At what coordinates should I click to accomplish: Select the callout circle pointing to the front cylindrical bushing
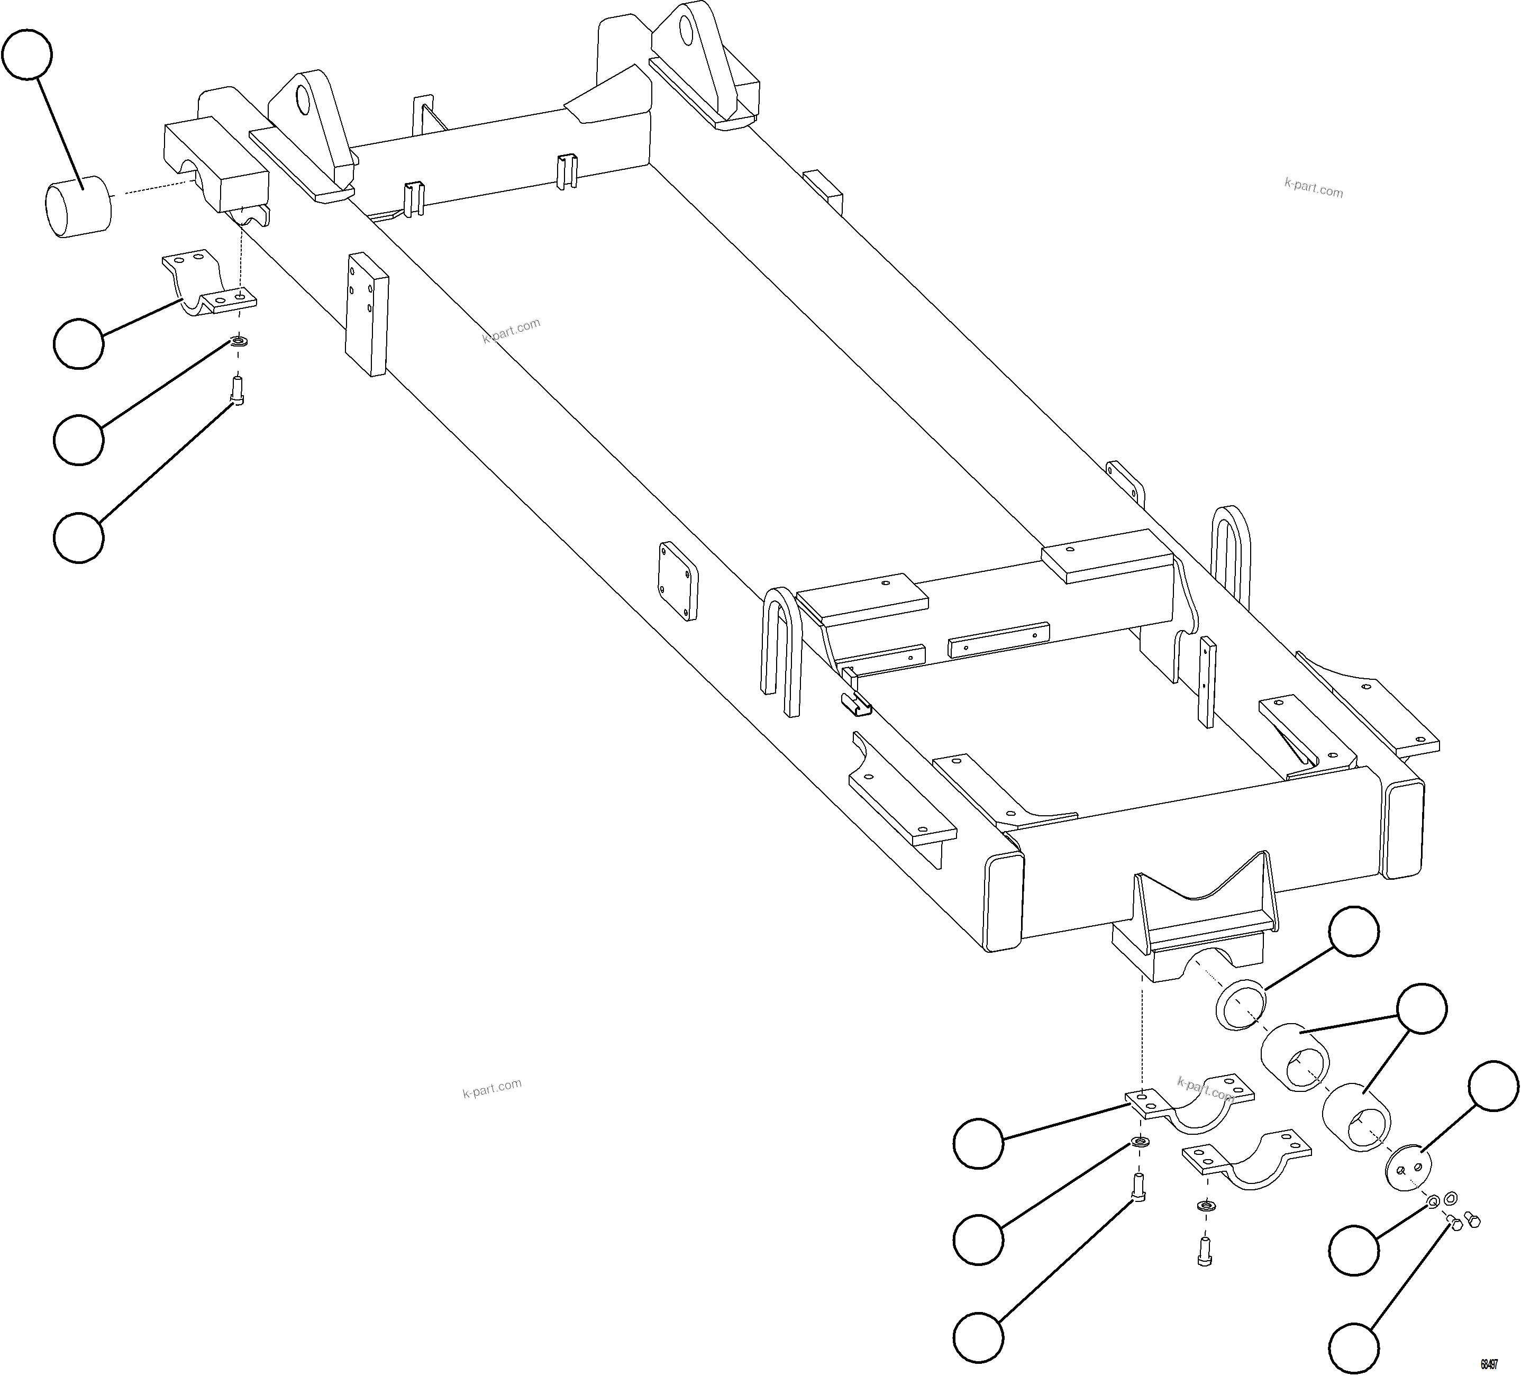tap(27, 54)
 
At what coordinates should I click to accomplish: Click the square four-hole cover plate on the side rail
tap(678, 581)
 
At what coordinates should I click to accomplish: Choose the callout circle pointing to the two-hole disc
tap(1494, 1086)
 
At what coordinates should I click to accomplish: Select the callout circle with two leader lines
tap(1422, 1008)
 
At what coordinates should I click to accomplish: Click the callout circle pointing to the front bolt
tap(78, 537)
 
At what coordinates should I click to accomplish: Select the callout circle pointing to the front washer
tap(78, 439)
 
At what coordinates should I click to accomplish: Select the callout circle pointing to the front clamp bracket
tap(78, 343)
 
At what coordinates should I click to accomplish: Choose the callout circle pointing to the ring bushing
tap(1353, 931)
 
